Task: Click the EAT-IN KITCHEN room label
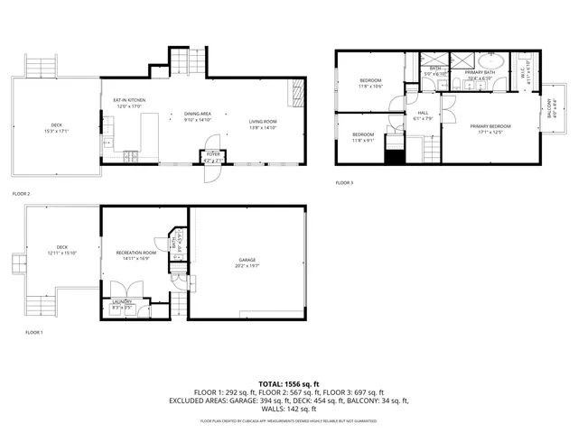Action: pyautogui.click(x=129, y=100)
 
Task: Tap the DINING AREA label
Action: pyautogui.click(x=197, y=114)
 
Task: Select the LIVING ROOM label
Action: pyautogui.click(x=263, y=122)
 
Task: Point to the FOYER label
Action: pyautogui.click(x=213, y=154)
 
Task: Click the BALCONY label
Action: pyautogui.click(x=553, y=112)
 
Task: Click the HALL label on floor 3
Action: pyautogui.click(x=422, y=113)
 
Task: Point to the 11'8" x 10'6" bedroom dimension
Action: pyautogui.click(x=370, y=87)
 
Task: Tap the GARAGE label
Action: pyautogui.click(x=247, y=260)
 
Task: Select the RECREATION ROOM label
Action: pyautogui.click(x=135, y=253)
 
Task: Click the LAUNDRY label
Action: pyautogui.click(x=122, y=302)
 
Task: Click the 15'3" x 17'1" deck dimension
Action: pyautogui.click(x=57, y=131)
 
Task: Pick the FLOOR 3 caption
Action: pyautogui.click(x=344, y=183)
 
